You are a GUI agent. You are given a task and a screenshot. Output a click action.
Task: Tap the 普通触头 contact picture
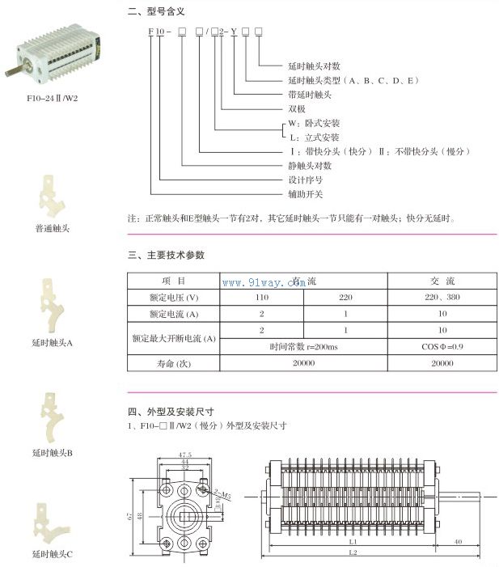(50, 194)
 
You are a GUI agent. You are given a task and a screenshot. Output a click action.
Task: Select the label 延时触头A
(52, 342)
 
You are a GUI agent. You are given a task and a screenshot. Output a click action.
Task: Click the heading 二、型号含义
(157, 12)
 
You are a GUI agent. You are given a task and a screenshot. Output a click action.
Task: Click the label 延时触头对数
(314, 66)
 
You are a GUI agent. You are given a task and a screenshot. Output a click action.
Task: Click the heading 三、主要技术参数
(167, 255)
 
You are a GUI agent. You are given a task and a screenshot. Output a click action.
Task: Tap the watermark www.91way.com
(259, 282)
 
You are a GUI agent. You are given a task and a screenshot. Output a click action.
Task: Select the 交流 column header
(442, 281)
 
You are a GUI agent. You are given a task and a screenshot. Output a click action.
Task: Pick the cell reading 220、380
(442, 297)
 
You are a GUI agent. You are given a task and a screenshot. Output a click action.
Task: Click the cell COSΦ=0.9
(442, 346)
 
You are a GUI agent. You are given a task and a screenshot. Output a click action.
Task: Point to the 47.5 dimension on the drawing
(184, 455)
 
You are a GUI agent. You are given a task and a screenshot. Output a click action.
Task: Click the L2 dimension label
(353, 552)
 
